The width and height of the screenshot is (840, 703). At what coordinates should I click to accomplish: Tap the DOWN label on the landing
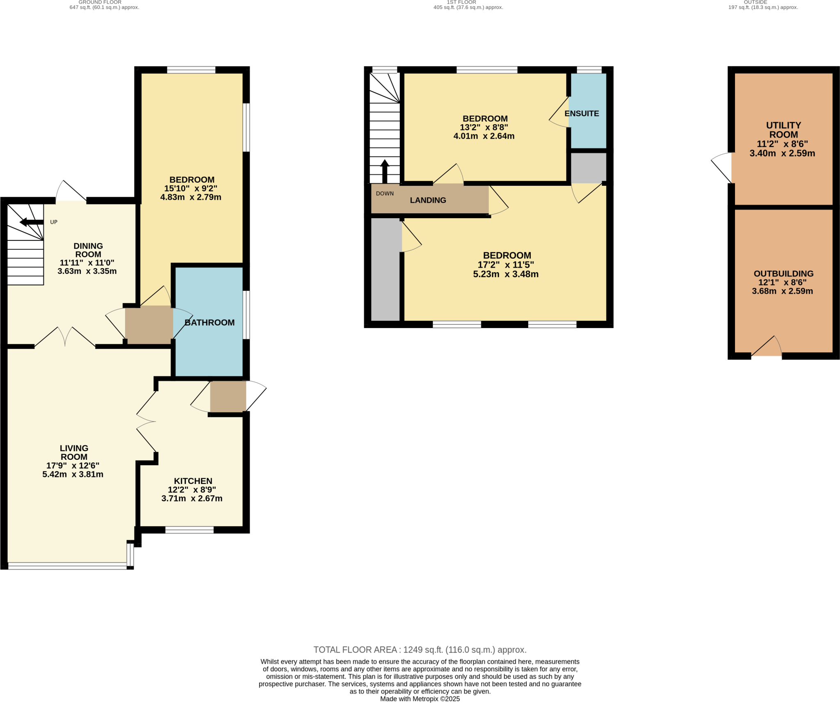[x=384, y=194]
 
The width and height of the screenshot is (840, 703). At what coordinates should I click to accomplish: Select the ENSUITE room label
[x=581, y=114]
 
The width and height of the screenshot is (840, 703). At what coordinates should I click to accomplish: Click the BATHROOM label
[x=209, y=323]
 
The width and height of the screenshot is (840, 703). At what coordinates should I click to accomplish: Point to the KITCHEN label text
[x=193, y=481]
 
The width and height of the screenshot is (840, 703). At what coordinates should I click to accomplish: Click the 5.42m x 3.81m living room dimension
[x=73, y=475]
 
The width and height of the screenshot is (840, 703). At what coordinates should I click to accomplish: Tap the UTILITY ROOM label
[x=783, y=130]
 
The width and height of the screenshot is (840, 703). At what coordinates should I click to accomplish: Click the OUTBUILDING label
[x=783, y=274]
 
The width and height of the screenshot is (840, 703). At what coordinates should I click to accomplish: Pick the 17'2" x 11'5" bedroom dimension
[x=505, y=265]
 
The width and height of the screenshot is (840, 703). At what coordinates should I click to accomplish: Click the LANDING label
[x=428, y=200]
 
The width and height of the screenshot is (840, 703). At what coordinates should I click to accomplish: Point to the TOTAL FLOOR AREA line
[x=420, y=650]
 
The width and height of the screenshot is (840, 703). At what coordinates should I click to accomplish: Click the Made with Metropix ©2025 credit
[x=420, y=699]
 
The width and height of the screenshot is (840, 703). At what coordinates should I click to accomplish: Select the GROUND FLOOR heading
[x=100, y=2]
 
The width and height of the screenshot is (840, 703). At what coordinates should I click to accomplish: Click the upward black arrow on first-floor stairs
[x=384, y=171]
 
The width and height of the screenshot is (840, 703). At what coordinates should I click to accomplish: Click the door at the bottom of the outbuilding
[x=766, y=347]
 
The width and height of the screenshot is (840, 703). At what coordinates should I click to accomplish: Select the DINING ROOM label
[x=88, y=250]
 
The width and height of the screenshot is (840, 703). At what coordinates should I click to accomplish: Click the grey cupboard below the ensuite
[x=588, y=168]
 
